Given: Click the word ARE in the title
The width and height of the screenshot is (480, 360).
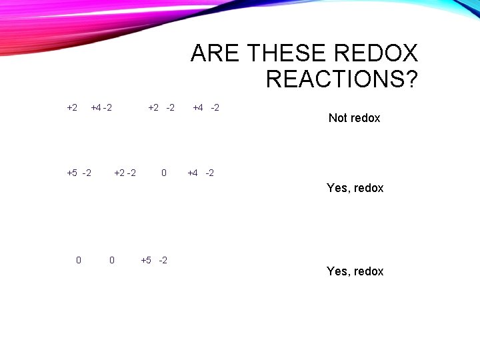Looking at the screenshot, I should (212, 53).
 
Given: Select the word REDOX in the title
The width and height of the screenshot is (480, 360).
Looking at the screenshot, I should (382, 53).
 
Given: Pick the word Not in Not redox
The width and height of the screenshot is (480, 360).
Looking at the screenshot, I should (338, 118).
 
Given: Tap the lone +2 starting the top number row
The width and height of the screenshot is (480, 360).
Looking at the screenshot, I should (72, 107).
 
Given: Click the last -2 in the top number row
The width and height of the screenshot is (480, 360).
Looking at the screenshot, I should (215, 107).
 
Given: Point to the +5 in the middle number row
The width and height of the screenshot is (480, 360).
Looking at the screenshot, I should (72, 173).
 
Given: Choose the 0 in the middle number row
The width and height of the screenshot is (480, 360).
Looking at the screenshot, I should (164, 173).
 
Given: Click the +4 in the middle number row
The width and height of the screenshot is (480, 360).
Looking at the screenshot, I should (193, 173).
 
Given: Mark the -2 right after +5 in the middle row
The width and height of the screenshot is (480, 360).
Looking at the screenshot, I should (87, 173).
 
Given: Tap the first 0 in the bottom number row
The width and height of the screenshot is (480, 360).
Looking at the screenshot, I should (79, 260).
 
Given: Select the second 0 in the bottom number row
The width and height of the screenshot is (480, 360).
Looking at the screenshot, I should (111, 260).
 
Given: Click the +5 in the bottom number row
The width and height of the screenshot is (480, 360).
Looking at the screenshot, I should (146, 260).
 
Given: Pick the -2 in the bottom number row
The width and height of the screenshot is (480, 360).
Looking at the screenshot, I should (163, 260).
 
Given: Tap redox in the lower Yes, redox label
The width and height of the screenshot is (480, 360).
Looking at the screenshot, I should (369, 271).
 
